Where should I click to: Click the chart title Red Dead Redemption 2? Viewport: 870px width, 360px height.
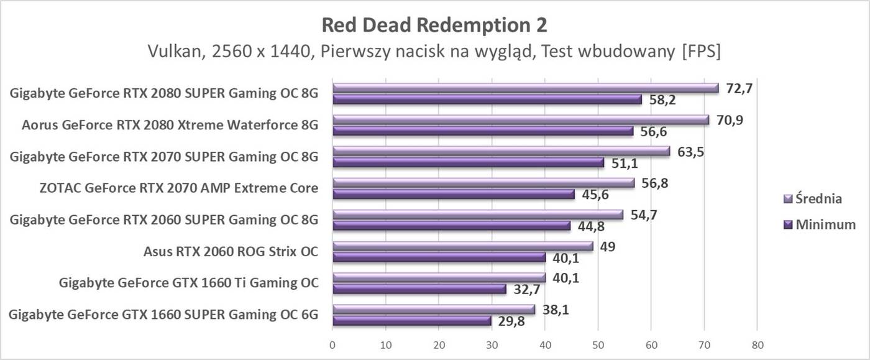click(x=434, y=25)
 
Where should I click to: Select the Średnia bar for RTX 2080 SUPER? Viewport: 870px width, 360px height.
click(x=525, y=88)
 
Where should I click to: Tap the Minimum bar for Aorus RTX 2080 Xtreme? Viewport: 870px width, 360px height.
click(x=483, y=131)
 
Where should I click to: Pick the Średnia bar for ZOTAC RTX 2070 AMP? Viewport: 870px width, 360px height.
click(x=483, y=183)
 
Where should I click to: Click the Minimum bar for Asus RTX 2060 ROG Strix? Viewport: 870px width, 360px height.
click(x=439, y=257)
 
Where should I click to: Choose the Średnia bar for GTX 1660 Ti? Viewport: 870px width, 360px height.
click(x=439, y=277)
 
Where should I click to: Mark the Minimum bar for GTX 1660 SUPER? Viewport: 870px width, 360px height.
click(x=411, y=320)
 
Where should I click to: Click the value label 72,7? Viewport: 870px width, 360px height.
click(x=738, y=88)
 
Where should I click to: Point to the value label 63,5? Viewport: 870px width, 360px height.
click(x=690, y=151)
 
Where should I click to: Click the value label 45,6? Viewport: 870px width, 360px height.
click(x=594, y=195)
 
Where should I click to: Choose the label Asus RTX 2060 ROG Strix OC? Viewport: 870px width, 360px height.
click(x=231, y=252)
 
